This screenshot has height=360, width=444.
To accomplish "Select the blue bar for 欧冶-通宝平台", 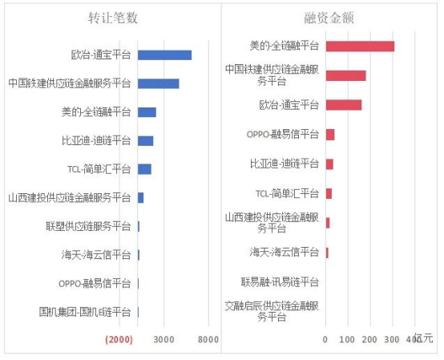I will tap(164, 55).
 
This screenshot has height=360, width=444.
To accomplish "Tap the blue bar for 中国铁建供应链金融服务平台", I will tap(158, 83).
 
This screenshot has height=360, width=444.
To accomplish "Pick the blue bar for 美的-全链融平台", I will tap(147, 112).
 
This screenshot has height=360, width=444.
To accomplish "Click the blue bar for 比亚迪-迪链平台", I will tap(145, 140).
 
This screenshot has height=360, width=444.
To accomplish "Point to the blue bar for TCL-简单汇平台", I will tap(144, 169).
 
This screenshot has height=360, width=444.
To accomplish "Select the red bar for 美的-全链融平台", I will tap(360, 47).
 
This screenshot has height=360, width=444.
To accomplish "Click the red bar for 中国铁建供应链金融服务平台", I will tap(345, 75).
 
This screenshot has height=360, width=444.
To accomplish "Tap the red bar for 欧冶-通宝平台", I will tap(344, 105).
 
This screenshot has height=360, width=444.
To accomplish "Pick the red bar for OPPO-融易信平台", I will tap(330, 134).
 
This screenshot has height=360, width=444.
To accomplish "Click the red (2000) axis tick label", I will tap(119, 340).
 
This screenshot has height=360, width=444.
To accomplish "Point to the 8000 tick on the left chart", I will tap(208, 340).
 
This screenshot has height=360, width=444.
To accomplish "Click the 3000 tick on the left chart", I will tap(163, 340).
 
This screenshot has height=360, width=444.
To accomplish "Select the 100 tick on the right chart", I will tap(347, 340).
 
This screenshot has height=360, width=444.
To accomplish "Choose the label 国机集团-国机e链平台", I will tap(84, 312).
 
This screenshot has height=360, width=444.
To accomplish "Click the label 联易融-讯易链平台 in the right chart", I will tap(280, 281).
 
